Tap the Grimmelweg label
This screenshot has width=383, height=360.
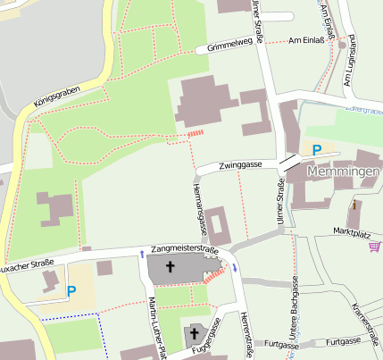[x=229, y=46]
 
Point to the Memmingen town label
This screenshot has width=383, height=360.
[x=344, y=171]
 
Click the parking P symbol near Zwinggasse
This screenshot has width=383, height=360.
[x=316, y=150]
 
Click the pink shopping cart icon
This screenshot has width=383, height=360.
[x=373, y=247]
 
